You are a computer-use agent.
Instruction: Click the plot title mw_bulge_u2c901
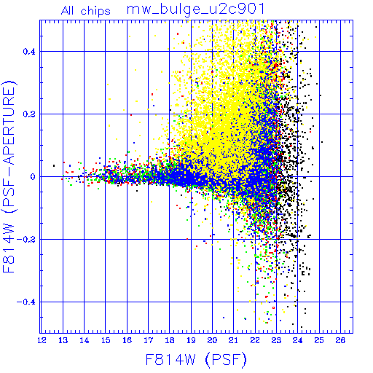tap(195, 9)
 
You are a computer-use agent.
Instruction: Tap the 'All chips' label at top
tap(86, 11)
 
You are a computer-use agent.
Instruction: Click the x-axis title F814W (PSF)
tap(196, 359)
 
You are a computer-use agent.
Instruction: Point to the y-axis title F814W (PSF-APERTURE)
tap(9, 176)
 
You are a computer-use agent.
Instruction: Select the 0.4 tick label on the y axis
tap(29, 52)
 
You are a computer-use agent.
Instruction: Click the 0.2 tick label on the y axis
tap(29, 114)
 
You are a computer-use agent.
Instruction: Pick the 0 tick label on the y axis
tap(33, 177)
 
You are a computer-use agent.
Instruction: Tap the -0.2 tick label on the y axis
tap(26, 240)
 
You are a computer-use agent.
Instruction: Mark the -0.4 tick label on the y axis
tap(26, 302)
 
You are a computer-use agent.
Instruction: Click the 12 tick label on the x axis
tap(42, 340)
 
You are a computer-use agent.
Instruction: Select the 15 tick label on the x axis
tap(106, 340)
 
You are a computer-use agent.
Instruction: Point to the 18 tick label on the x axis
tap(170, 340)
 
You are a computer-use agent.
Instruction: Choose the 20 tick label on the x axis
tap(212, 340)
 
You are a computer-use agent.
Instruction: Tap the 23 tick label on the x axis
tap(276, 340)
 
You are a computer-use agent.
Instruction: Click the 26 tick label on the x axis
tap(340, 340)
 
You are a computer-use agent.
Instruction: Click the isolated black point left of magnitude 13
tap(54, 166)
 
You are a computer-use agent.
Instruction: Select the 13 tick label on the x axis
tap(63, 340)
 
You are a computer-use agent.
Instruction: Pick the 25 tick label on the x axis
tap(319, 340)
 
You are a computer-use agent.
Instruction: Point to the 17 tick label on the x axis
tap(149, 340)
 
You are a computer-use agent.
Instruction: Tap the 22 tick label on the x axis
tap(255, 340)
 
